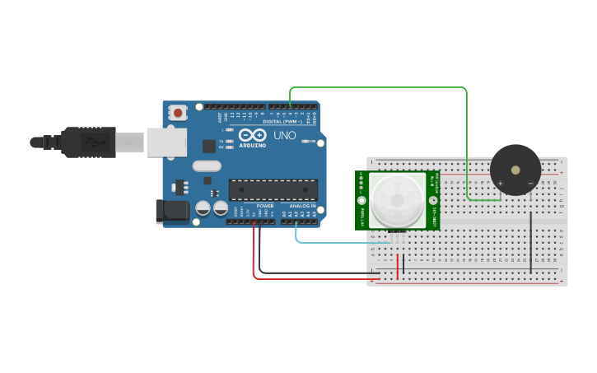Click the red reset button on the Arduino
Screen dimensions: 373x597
177,113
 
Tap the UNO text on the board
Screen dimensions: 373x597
284,135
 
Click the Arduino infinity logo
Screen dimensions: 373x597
252,135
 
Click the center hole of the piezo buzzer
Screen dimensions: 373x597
515,170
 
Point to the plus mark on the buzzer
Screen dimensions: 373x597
500,183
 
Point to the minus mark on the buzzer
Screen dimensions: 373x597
530,183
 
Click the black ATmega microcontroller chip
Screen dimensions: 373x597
273,189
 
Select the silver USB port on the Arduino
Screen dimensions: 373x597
166,142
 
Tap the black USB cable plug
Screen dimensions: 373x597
82,142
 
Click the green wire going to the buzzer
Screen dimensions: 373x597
379,87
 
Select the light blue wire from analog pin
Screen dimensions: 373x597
338,242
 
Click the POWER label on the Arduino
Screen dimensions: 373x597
264,206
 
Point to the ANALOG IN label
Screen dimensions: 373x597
301,206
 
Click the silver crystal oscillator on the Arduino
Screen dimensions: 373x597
207,166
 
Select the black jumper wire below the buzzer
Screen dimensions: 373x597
531,242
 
